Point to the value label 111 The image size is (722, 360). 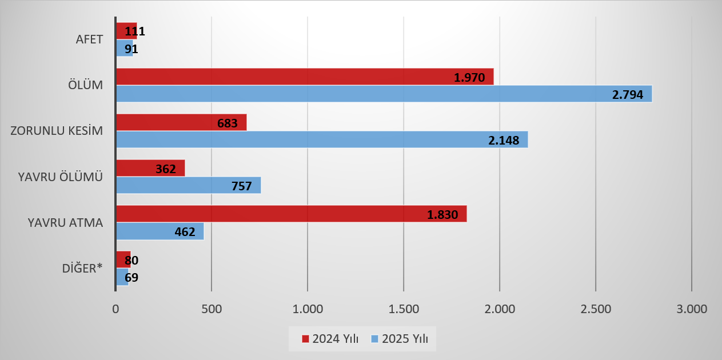135,31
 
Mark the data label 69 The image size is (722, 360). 132,278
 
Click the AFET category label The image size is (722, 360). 89,40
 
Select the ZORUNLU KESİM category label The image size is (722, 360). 57,131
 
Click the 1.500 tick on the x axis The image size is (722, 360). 404,309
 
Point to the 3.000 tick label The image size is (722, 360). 692,309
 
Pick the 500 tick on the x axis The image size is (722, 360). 212,309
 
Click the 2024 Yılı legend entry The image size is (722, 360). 330,338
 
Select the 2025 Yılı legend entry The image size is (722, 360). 402,338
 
